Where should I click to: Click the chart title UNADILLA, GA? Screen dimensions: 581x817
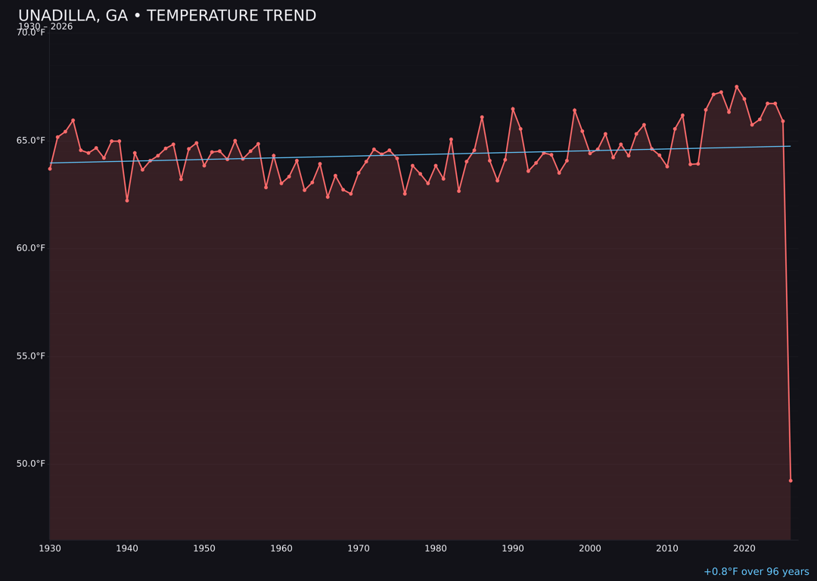(167, 16)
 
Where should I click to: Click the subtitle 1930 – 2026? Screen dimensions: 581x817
(45, 26)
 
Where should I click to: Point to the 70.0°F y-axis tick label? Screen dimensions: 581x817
(31, 33)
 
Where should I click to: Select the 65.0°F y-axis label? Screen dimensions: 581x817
(31, 141)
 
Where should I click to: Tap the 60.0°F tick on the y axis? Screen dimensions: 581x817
(31, 248)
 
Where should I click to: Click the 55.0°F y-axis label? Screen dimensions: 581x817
(31, 356)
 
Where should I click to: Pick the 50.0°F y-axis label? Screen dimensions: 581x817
(31, 464)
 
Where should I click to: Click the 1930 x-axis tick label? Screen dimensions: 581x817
(50, 548)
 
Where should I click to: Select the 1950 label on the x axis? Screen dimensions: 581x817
(204, 548)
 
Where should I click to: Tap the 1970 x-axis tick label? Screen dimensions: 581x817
(359, 548)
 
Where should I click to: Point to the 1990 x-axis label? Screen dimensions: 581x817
(513, 548)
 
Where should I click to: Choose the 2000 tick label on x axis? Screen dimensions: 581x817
(590, 548)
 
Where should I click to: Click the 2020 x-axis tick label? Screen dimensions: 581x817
(744, 548)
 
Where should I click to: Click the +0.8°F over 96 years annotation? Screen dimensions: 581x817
(756, 572)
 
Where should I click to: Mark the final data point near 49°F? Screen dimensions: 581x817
(791, 480)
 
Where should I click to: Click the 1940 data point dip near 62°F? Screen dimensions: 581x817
(127, 200)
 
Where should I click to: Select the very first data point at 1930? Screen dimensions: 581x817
(50, 169)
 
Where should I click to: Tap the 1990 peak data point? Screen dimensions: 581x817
(513, 109)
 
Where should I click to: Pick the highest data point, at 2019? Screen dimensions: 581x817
(737, 86)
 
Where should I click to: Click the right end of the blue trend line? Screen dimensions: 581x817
(791, 146)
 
